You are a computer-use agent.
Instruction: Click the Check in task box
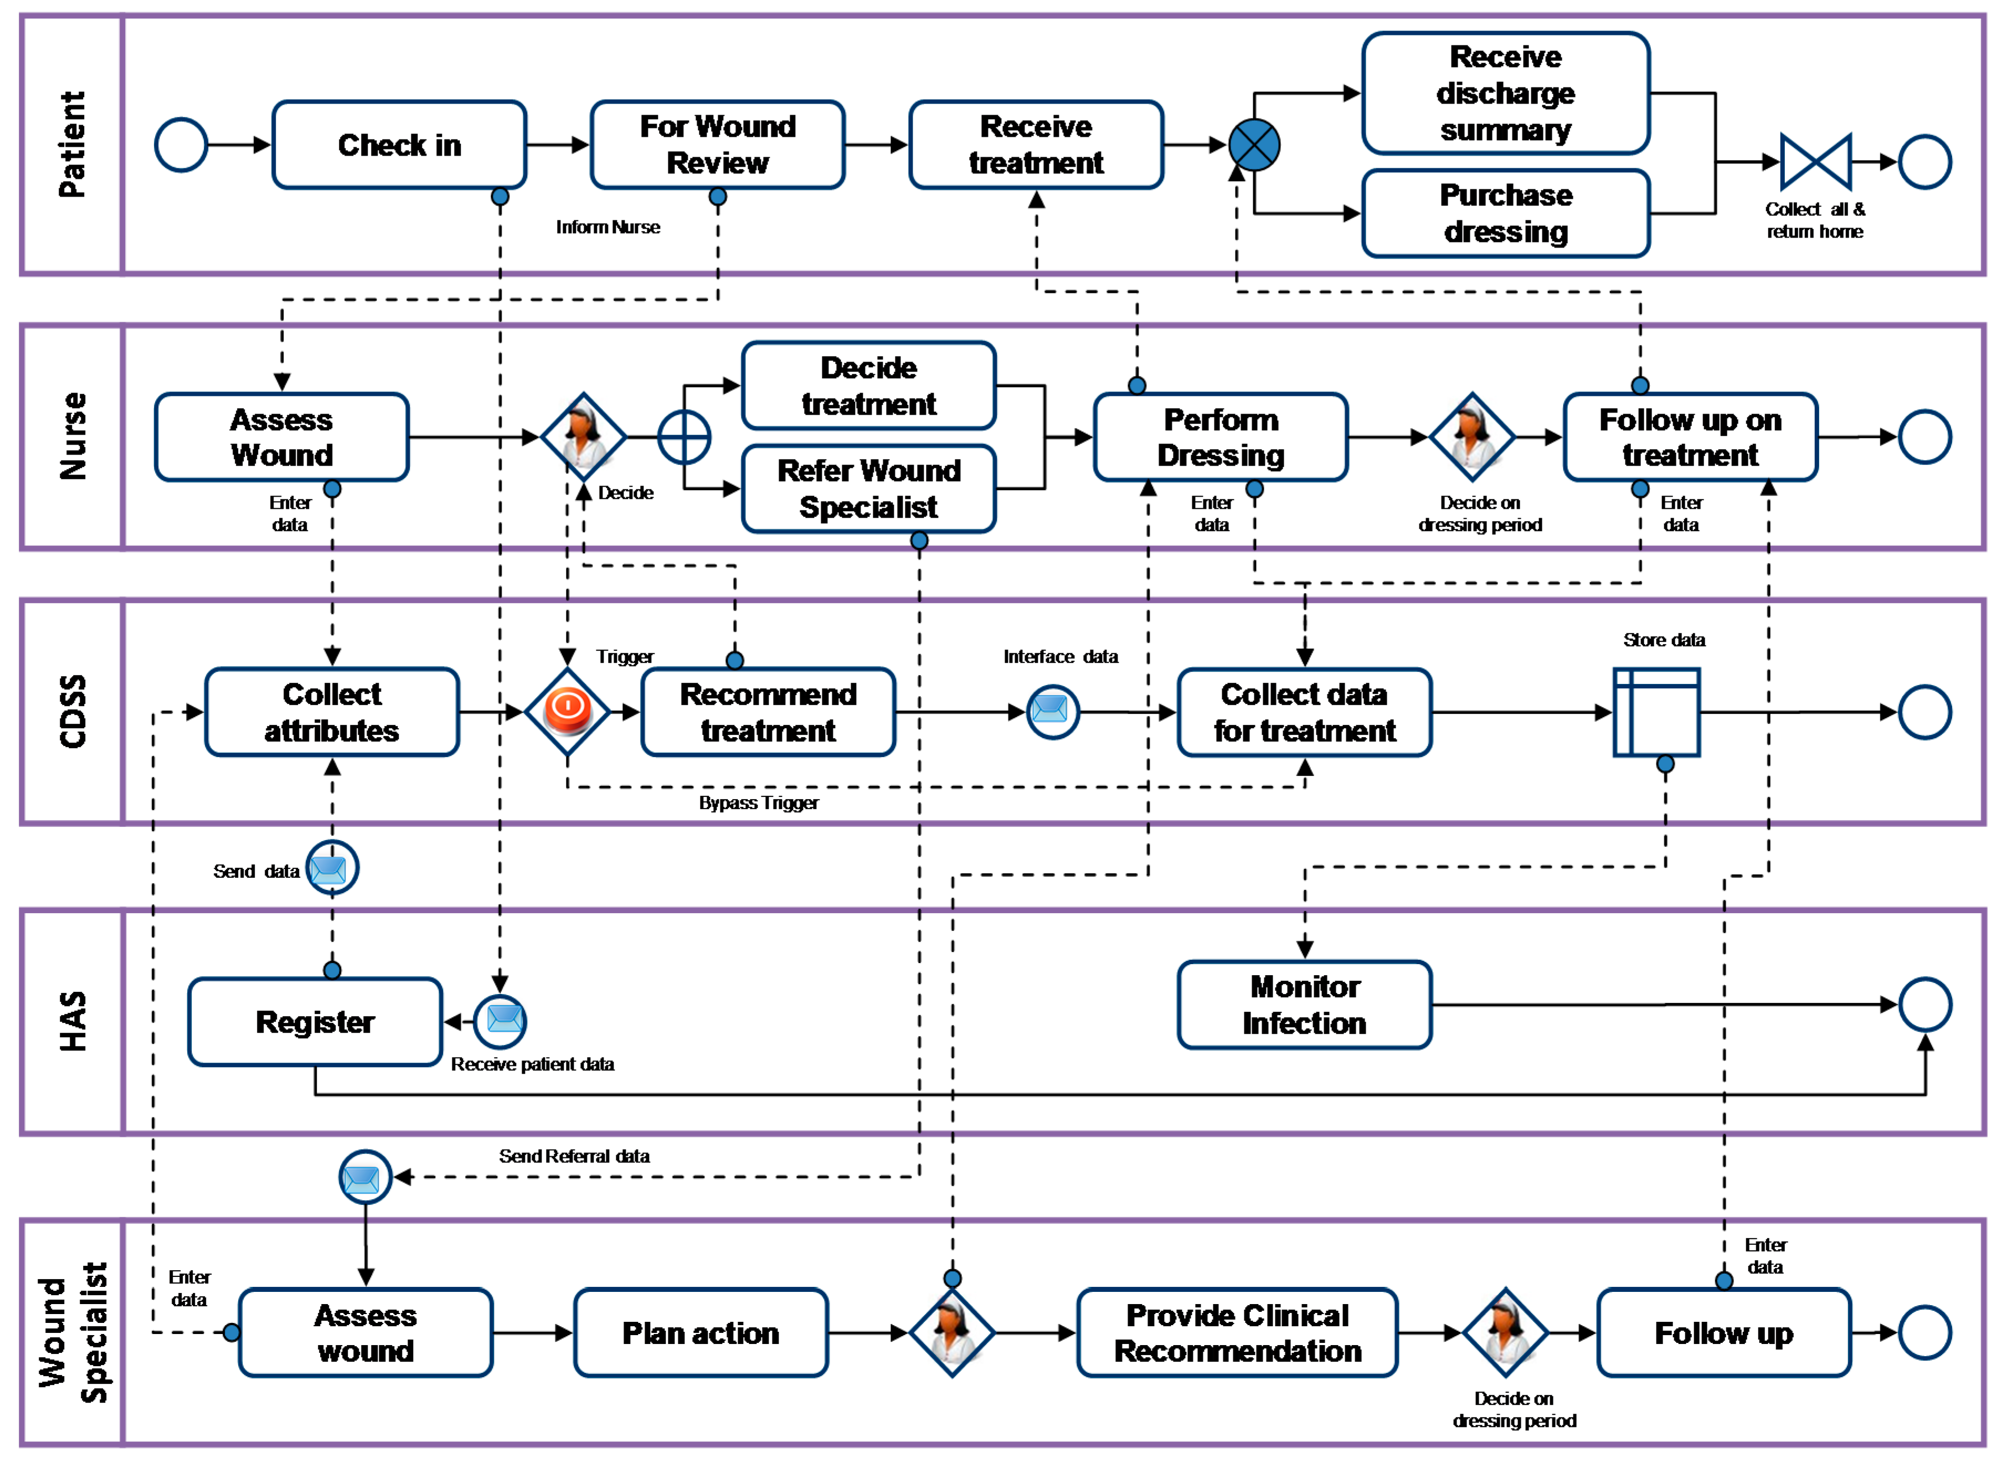[x=399, y=145]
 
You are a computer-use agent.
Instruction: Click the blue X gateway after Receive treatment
[x=1253, y=145]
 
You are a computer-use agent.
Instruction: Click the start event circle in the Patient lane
[x=181, y=145]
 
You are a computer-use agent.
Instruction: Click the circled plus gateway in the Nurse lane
[x=683, y=437]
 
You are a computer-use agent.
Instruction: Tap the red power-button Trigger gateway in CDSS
[x=567, y=711]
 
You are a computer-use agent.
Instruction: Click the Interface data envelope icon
[x=1052, y=711]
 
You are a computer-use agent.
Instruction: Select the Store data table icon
[x=1656, y=712]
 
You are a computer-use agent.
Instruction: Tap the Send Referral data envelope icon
[x=364, y=1177]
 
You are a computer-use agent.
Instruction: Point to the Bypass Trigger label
[x=758, y=802]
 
